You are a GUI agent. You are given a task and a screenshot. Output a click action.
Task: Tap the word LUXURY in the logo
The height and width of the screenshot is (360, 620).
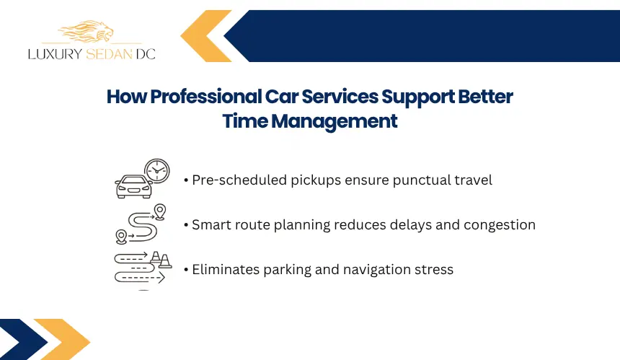coord(55,54)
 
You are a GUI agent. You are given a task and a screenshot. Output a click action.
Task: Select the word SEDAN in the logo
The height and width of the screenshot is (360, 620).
coord(109,54)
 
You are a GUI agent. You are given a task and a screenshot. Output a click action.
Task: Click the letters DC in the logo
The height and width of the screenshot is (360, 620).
coord(146,54)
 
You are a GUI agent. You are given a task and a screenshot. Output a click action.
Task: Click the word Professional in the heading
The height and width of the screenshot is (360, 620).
coord(206,97)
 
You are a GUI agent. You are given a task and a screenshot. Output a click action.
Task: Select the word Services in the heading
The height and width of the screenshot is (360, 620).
coord(340,97)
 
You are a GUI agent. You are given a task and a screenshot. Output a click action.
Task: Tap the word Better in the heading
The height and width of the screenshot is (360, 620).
coord(485,97)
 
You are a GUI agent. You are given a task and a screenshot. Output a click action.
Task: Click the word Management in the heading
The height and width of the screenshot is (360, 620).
coord(334,121)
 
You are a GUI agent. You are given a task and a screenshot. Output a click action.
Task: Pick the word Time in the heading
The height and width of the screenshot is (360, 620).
coord(245,120)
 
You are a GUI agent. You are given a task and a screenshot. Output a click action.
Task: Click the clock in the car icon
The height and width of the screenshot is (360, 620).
coord(157,171)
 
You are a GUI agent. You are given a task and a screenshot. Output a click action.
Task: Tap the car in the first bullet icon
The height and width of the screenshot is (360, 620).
coord(133,186)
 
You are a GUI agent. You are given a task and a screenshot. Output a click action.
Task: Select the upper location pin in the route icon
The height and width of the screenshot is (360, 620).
coord(160,211)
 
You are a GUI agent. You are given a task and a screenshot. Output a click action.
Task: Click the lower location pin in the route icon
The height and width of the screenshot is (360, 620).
coord(121,237)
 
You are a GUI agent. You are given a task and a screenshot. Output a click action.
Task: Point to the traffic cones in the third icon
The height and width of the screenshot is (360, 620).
coord(161,260)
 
